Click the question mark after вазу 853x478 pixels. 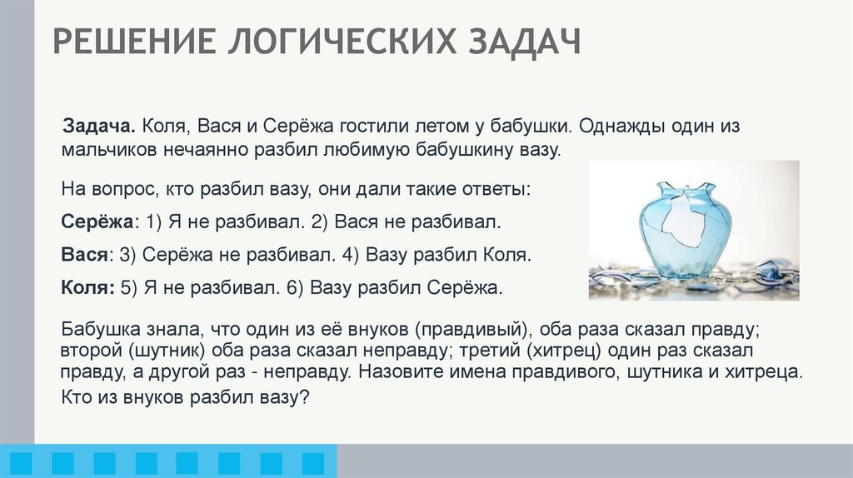(305, 397)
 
